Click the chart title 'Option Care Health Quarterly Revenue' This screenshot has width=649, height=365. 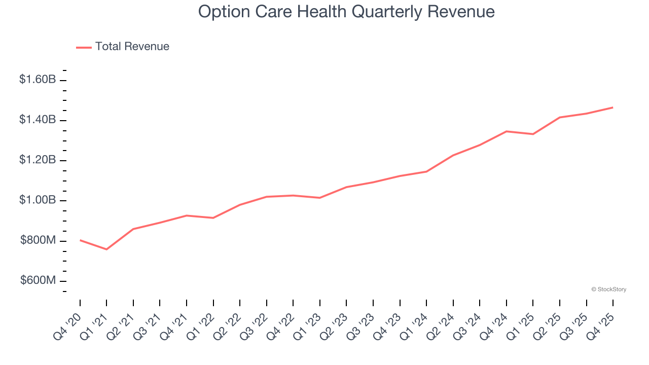pos(346,12)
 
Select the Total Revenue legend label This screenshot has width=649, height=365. pos(132,47)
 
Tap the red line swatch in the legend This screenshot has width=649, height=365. pos(84,47)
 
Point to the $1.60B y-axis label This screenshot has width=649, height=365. pos(38,80)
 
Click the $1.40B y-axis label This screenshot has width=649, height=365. pos(38,120)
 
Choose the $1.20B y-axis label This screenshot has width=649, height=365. pos(38,160)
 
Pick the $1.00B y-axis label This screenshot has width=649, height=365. pos(38,200)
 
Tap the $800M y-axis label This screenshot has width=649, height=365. pos(38,240)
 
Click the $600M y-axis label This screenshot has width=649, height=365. pos(38,281)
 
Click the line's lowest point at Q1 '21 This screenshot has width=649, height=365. pos(106,249)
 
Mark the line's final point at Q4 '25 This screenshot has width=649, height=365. pos(613,107)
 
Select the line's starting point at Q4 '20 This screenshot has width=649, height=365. pos(80,240)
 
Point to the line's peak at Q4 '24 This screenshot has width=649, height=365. pos(507,131)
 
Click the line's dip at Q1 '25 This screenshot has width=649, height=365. pos(533,134)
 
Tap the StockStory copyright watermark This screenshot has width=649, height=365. pos(608,289)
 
